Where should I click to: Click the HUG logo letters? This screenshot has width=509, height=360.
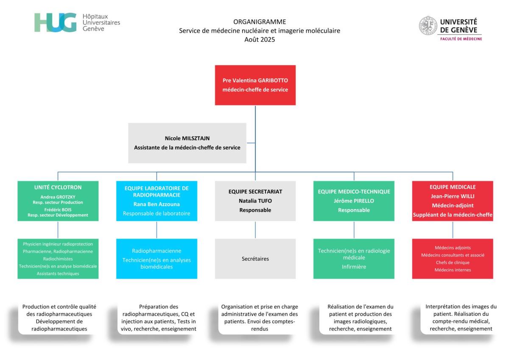point(55,22)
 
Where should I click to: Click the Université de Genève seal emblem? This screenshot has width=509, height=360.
point(428,25)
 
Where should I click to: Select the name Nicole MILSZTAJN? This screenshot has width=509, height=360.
point(187,139)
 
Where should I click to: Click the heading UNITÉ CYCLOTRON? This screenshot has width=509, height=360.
point(58,187)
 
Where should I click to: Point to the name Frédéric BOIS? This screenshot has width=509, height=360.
point(58,209)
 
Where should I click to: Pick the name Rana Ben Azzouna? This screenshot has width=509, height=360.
point(157,204)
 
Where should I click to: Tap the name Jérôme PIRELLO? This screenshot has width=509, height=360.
point(354,201)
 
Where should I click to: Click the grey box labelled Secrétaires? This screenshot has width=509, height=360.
point(255,259)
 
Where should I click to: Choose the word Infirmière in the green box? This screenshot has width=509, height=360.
point(354,267)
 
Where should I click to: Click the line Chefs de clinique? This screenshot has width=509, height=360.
point(452,262)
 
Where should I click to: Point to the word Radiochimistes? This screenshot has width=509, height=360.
point(58,259)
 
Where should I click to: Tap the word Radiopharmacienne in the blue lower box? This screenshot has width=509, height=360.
point(157,251)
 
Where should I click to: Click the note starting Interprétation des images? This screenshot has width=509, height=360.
point(460,317)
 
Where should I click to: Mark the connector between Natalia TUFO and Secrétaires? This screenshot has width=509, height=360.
point(255,229)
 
